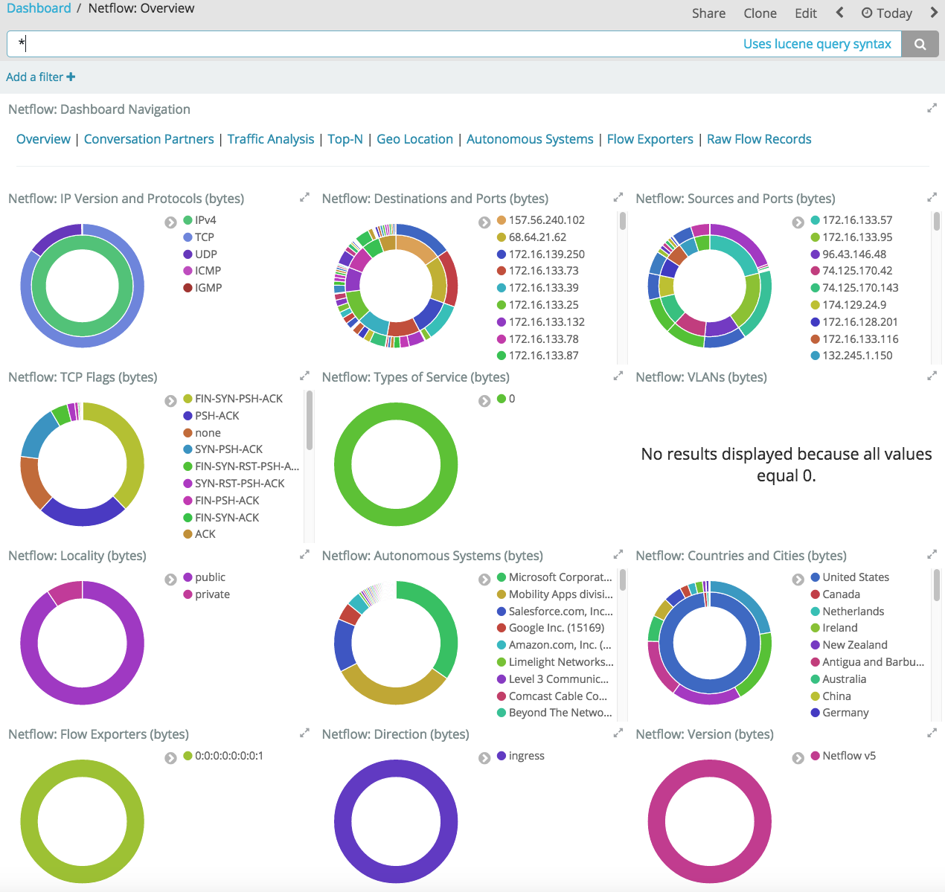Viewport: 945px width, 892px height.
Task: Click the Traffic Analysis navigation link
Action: pyautogui.click(x=271, y=139)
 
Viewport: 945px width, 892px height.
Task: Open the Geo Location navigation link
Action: pyautogui.click(x=414, y=139)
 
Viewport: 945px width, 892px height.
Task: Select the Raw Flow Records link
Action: pyautogui.click(x=758, y=139)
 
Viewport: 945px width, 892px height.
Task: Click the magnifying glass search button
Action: pyautogui.click(x=920, y=44)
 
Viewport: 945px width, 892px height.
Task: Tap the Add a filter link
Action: pyautogui.click(x=40, y=77)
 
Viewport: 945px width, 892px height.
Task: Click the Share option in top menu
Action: pyautogui.click(x=708, y=13)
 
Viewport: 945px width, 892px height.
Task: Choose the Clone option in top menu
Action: pyautogui.click(x=760, y=13)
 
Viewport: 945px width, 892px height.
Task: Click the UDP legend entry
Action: pyautogui.click(x=205, y=254)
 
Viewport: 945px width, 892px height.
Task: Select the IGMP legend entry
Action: pyautogui.click(x=208, y=288)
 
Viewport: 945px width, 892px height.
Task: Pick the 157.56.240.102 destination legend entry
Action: pyautogui.click(x=546, y=220)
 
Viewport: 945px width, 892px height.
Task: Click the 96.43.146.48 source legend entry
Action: pyautogui.click(x=853, y=254)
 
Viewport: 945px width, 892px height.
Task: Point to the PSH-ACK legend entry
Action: pyautogui.click(x=217, y=416)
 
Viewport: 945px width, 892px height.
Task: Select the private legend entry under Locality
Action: pyautogui.click(x=212, y=594)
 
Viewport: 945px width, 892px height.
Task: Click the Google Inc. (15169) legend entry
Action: pyautogui.click(x=556, y=628)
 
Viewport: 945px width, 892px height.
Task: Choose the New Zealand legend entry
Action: pyautogui.click(x=854, y=645)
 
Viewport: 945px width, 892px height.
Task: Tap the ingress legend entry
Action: pyautogui.click(x=526, y=756)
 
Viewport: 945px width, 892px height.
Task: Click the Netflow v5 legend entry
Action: pyautogui.click(x=848, y=756)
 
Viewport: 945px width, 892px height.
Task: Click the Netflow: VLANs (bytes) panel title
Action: pyautogui.click(x=701, y=377)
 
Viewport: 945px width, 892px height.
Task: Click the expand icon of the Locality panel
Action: pyautogui.click(x=304, y=554)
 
